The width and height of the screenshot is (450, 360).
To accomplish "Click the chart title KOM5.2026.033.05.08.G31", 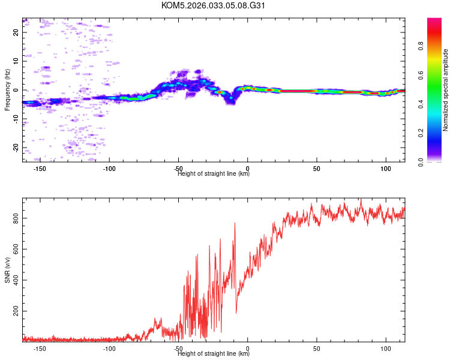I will [214, 5].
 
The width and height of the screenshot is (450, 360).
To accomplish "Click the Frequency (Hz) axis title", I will [7, 90].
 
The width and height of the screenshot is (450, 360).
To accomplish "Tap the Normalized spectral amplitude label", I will [446, 90].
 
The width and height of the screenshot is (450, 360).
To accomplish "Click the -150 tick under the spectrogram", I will [40, 169].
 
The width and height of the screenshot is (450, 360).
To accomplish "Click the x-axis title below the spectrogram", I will [214, 174].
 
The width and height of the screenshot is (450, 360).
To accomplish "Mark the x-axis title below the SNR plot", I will [214, 354].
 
